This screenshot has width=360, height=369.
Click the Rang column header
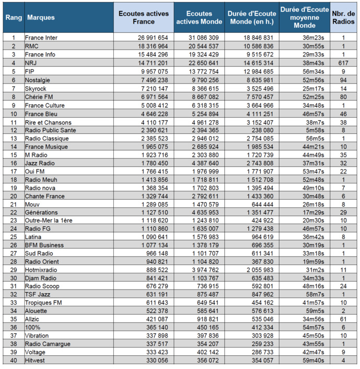14,18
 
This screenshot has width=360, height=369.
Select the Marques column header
41,18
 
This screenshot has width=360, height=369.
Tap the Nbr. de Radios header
344,18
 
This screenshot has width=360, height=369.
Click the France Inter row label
41,38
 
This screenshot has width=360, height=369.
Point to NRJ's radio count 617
343,63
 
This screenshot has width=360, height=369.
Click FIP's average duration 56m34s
314,71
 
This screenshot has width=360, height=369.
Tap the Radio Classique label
47,139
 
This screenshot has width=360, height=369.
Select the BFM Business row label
44,245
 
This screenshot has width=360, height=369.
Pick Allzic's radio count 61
343,319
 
